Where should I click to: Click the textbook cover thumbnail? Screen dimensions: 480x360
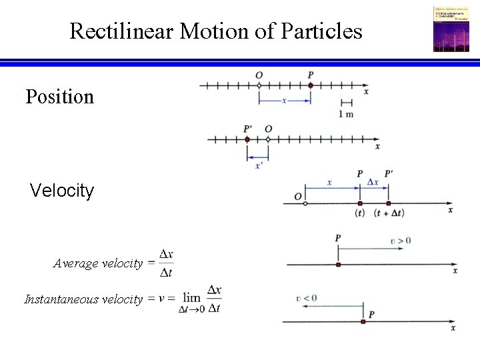[x=451, y=29]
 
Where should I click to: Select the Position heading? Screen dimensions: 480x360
[x=59, y=97]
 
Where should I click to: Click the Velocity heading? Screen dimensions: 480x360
[x=62, y=191]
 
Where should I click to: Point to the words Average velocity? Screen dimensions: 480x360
[x=98, y=263]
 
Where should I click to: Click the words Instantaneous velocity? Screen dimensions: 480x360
[x=83, y=299]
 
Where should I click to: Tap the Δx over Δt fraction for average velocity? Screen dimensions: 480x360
[x=167, y=263]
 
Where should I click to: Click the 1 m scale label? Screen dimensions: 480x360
[x=346, y=114]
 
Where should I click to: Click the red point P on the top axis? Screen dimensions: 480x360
[x=311, y=85]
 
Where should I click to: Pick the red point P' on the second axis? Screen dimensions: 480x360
[x=247, y=139]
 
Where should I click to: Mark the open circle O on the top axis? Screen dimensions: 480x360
[x=259, y=85]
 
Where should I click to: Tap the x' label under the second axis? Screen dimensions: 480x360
[x=259, y=165]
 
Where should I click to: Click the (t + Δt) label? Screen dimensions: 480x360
[x=389, y=213]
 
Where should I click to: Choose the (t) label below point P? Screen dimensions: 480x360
[x=359, y=213]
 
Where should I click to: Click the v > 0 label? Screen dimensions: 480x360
[x=401, y=239]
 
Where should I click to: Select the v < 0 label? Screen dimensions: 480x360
[x=306, y=298]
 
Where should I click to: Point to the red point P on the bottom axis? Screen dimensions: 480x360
[x=363, y=321]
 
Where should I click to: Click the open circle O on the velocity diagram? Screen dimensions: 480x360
[x=305, y=203]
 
